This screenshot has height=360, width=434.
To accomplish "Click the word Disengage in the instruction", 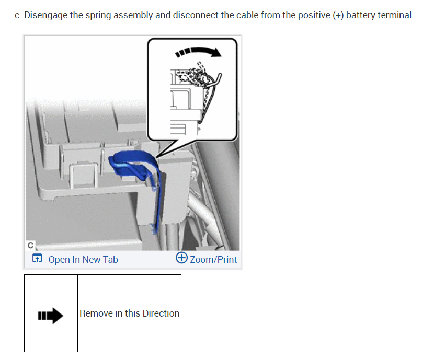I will click(x=45, y=15).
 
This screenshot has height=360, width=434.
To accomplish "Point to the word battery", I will click(x=361, y=15).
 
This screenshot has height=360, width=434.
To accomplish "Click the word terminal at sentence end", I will click(x=396, y=15).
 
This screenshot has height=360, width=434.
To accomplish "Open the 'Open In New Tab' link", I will click(x=83, y=260).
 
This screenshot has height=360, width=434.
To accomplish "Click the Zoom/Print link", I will click(x=213, y=260).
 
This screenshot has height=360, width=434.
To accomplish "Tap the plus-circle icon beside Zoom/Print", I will click(x=181, y=259).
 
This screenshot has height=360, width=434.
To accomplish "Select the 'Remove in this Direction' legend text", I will click(x=129, y=313).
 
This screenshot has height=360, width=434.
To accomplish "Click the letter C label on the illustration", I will click(x=30, y=245).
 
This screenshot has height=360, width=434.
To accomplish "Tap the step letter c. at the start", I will click(x=18, y=15).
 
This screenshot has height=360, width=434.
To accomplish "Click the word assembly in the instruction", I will click(x=136, y=15).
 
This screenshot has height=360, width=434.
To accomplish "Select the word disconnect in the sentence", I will click(x=196, y=15).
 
